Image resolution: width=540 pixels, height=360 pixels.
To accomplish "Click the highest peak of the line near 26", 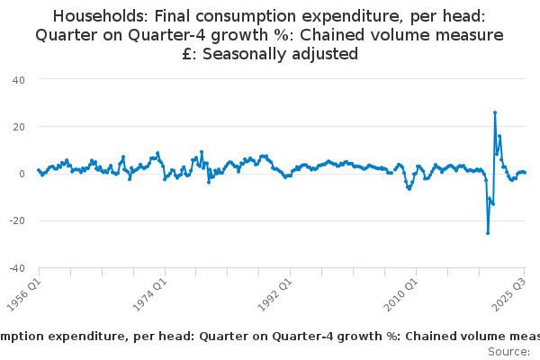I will click(x=495, y=112).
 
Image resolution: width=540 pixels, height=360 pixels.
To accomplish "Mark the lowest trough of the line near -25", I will click(x=488, y=233).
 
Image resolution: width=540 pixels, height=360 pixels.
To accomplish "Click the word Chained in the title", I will click(x=316, y=35).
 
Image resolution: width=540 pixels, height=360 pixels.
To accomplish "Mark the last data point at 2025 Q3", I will click(x=525, y=172).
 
